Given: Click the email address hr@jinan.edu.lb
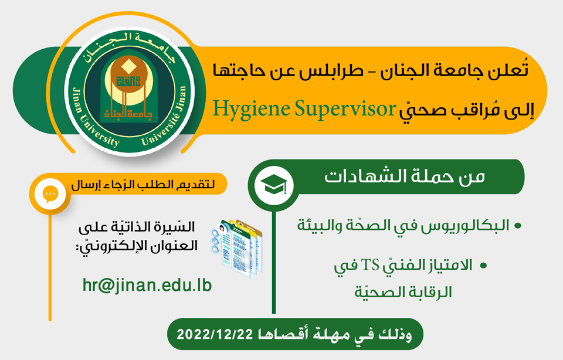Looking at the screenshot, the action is (147, 286).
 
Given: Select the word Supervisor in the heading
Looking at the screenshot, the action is (345, 109).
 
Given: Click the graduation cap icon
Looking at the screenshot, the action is (274, 185).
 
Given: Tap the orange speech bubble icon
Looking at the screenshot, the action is (50, 194).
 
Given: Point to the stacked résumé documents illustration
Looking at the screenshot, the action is (236, 248).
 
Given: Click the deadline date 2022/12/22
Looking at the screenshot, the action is (215, 335).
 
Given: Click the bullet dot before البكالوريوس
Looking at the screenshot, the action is (518, 226).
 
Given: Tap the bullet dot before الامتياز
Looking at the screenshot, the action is (483, 266).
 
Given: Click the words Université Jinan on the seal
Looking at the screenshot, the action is (166, 117).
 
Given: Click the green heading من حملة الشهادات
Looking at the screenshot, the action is (405, 176).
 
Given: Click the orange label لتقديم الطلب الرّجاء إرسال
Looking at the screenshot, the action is (143, 185).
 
